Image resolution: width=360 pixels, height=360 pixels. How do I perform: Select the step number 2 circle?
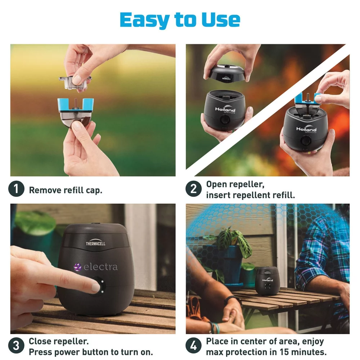coord(193,189)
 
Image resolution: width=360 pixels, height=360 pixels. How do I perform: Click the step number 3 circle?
coord(16,346)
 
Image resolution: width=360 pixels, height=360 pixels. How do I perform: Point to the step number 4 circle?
coord(193,346)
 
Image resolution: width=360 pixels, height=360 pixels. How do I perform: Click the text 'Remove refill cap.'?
coord(66,190)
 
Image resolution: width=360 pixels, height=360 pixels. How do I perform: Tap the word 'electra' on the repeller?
coord(100,267)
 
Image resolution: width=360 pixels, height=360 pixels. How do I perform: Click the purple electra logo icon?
coord(78,267)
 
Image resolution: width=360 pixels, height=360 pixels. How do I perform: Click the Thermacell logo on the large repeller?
coord(96,243)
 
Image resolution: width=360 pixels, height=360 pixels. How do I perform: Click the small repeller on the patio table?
coord(267,281)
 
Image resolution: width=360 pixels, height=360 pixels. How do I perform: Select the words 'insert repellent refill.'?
coord(251,195)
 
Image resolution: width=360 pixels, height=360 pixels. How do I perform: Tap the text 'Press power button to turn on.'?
coord(91,351)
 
